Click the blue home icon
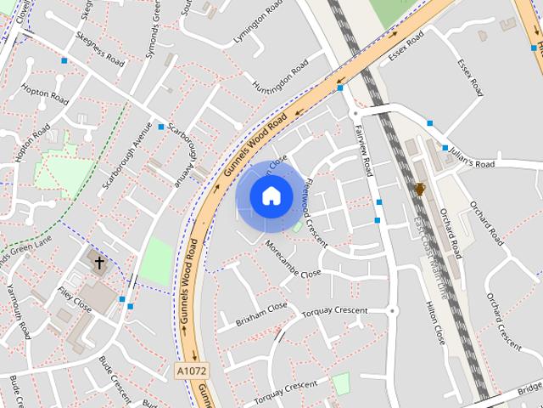pos(271,196)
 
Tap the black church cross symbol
pos(99,263)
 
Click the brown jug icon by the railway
pos(419,189)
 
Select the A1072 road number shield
pos(190,371)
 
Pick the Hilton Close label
pos(434,323)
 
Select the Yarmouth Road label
pos(18,311)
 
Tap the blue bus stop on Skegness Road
pos(64,60)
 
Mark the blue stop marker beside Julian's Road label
pos(445,148)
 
